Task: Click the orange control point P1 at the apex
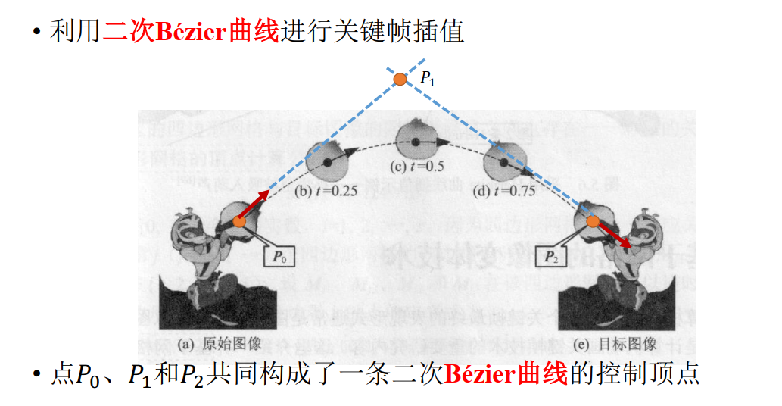[400, 78]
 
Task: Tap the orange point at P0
[239, 221]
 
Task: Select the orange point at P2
[593, 221]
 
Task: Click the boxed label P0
[280, 256]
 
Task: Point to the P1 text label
[428, 77]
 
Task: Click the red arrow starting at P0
[254, 206]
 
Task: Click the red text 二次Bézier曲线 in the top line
[192, 32]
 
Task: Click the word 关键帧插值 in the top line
[400, 32]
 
